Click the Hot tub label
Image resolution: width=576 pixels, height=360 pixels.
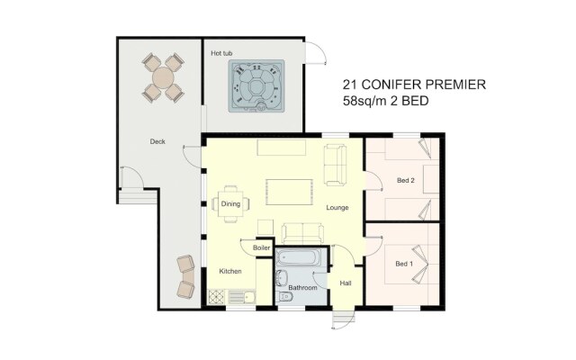click(x=221, y=53)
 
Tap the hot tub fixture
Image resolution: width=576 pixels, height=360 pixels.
click(x=256, y=86)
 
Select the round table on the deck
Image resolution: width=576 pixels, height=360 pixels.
click(x=163, y=77)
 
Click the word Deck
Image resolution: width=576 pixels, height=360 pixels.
click(x=157, y=141)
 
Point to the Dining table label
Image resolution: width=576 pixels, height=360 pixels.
click(x=230, y=204)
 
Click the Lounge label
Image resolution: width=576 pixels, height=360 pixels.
click(x=337, y=208)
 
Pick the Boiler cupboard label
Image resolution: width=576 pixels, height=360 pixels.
click(x=262, y=248)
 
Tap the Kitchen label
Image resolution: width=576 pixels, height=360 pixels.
click(x=230, y=271)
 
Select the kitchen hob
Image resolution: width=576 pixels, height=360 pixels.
click(x=216, y=297)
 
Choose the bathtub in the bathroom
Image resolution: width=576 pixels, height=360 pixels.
click(x=298, y=258)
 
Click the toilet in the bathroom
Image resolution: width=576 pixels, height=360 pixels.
click(x=284, y=296)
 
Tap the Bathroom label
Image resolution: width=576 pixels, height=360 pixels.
click(x=302, y=288)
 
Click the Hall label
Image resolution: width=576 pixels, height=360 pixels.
click(x=346, y=283)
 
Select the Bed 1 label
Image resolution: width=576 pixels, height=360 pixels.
click(x=404, y=264)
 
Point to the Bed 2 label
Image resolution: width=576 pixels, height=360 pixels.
click(x=406, y=180)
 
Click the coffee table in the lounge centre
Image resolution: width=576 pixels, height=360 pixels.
click(x=290, y=192)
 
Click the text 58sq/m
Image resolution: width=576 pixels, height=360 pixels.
click(x=364, y=101)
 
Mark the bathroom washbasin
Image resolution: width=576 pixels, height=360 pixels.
click(x=282, y=278)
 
